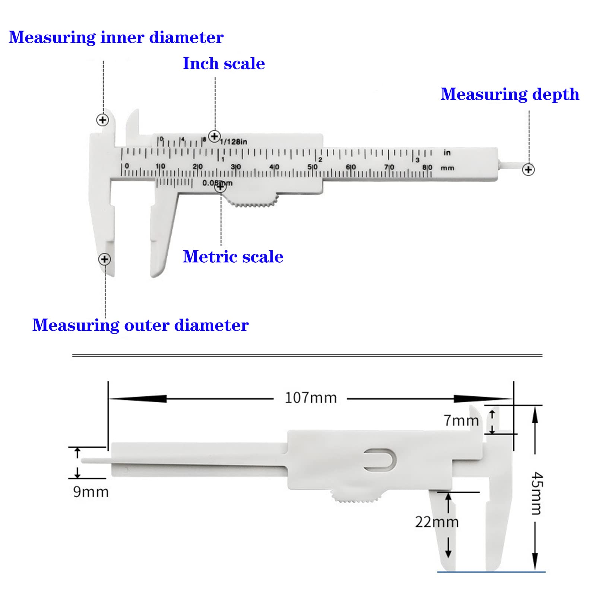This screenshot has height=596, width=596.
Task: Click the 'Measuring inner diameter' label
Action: point(116,38)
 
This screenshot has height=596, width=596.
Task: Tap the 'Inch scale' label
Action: point(223,63)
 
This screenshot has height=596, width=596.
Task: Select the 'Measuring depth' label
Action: point(510,94)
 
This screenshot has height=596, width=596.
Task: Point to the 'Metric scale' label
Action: point(233,257)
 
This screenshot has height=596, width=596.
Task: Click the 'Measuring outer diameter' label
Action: point(140,325)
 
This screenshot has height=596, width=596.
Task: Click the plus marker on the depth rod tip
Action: point(528,169)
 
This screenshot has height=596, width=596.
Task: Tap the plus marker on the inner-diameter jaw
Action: point(102,120)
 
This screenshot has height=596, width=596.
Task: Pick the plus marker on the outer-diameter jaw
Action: point(105,259)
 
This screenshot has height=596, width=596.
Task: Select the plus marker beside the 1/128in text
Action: point(214,136)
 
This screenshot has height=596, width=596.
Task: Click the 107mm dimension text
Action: point(311,398)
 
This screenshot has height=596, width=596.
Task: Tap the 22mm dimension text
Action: point(437,522)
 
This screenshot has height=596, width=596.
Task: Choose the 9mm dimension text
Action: point(91,492)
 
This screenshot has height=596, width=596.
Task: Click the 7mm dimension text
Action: point(461,421)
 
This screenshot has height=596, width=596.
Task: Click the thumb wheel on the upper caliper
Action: point(253,201)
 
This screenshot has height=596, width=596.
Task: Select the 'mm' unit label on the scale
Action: point(447,168)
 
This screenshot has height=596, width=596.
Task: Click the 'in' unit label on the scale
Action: point(447,152)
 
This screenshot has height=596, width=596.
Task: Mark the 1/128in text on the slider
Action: point(234,142)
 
